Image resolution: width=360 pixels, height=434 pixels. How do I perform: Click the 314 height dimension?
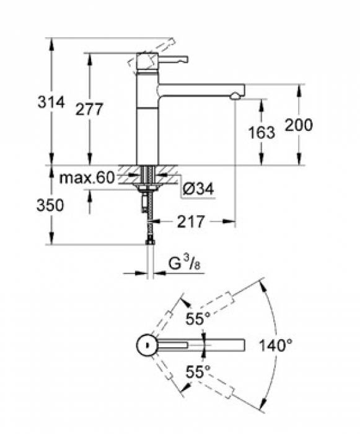[x=51, y=103]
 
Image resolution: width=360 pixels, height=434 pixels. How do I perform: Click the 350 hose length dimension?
[x=51, y=206]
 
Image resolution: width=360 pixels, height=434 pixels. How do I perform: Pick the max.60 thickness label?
[x=87, y=179]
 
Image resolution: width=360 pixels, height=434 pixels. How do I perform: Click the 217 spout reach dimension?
[x=190, y=221]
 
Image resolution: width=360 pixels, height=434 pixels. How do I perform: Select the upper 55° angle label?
[x=198, y=319]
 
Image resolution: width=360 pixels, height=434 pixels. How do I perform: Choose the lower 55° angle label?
[x=198, y=372]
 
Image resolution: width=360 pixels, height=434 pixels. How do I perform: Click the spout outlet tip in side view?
[x=235, y=96]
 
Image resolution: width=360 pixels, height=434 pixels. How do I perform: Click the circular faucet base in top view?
[x=146, y=345]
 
